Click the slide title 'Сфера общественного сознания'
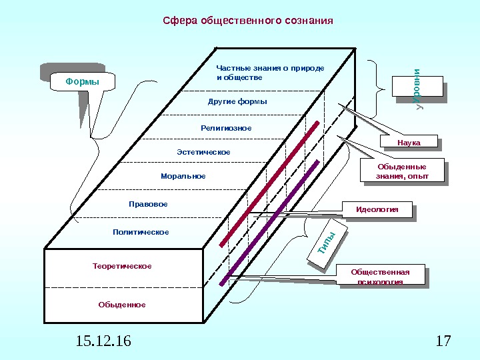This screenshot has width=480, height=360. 248,21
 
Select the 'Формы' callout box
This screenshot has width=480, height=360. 82,82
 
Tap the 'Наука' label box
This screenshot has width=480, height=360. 409,143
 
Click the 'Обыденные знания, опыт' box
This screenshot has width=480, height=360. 401,171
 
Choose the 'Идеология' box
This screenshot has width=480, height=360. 377,210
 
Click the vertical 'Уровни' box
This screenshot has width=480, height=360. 419,89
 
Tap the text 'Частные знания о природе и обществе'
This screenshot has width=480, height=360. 270,73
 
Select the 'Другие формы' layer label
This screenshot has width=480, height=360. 237,102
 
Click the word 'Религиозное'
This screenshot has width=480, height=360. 226,127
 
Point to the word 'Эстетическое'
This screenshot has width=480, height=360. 203,152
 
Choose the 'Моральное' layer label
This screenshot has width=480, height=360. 183,177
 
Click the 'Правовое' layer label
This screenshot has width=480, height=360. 148,203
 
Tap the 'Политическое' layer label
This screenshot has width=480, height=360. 141,232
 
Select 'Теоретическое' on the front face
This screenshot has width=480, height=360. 122,266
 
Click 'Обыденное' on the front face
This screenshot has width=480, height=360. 122,305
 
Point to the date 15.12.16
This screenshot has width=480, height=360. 103,343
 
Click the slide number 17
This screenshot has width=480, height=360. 443,343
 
